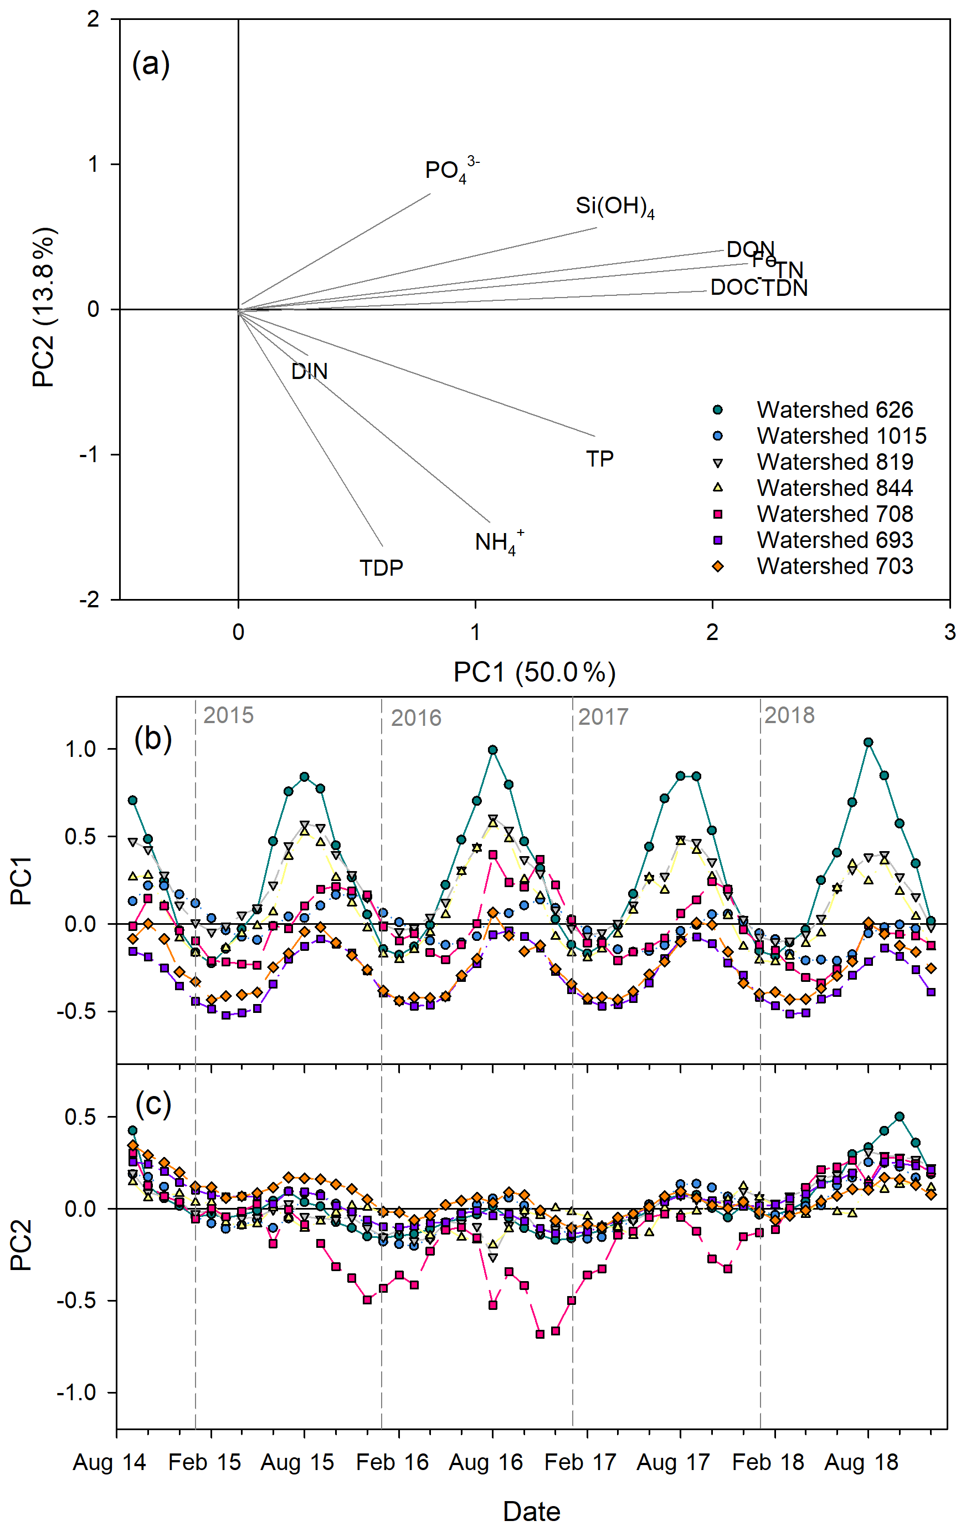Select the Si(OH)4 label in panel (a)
[x=615, y=206]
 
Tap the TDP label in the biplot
[x=381, y=568]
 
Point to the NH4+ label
[x=499, y=542]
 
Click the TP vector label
[x=599, y=458]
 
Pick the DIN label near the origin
[x=310, y=371]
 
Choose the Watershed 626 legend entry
[x=834, y=410]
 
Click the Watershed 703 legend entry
[x=834, y=566]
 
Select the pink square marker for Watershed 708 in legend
[x=717, y=514]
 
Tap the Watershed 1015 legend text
[x=841, y=436]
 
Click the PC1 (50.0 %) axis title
[x=535, y=672]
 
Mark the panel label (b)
[x=152, y=739]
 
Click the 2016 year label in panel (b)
[x=415, y=718]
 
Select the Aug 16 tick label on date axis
[x=486, y=1462]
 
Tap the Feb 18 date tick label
[x=768, y=1462]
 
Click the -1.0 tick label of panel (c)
[x=77, y=1392]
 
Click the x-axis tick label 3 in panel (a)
[x=949, y=632]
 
